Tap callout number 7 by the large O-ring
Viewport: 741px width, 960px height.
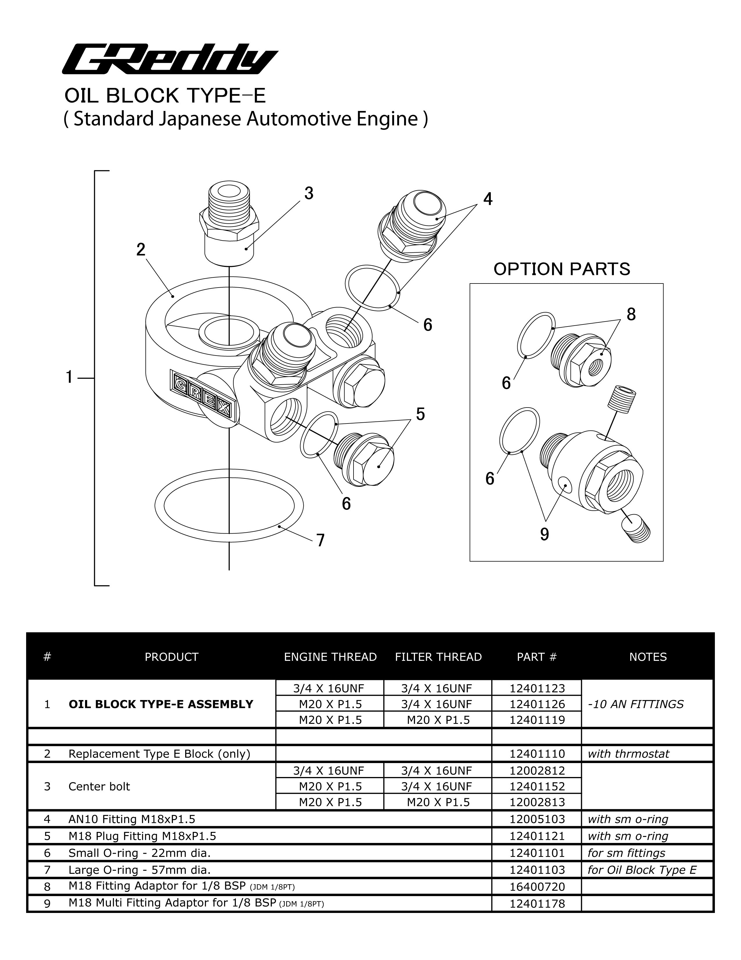[x=321, y=540]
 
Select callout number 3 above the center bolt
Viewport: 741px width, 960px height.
[x=309, y=193]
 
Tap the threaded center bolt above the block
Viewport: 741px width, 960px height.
[x=230, y=224]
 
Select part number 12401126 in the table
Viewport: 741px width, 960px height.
[x=537, y=704]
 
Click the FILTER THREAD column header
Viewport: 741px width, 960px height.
[x=438, y=657]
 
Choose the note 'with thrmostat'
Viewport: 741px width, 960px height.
[x=628, y=754]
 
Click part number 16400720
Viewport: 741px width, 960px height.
[x=537, y=887]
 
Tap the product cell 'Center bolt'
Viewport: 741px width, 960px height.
[x=99, y=786]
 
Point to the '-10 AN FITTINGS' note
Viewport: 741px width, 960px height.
[x=635, y=704]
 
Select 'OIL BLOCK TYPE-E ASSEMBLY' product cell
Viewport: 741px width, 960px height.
[x=161, y=704]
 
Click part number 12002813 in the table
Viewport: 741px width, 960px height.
[x=537, y=802]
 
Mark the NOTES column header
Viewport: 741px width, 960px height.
[x=648, y=657]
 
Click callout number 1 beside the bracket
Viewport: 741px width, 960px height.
[x=69, y=377]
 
